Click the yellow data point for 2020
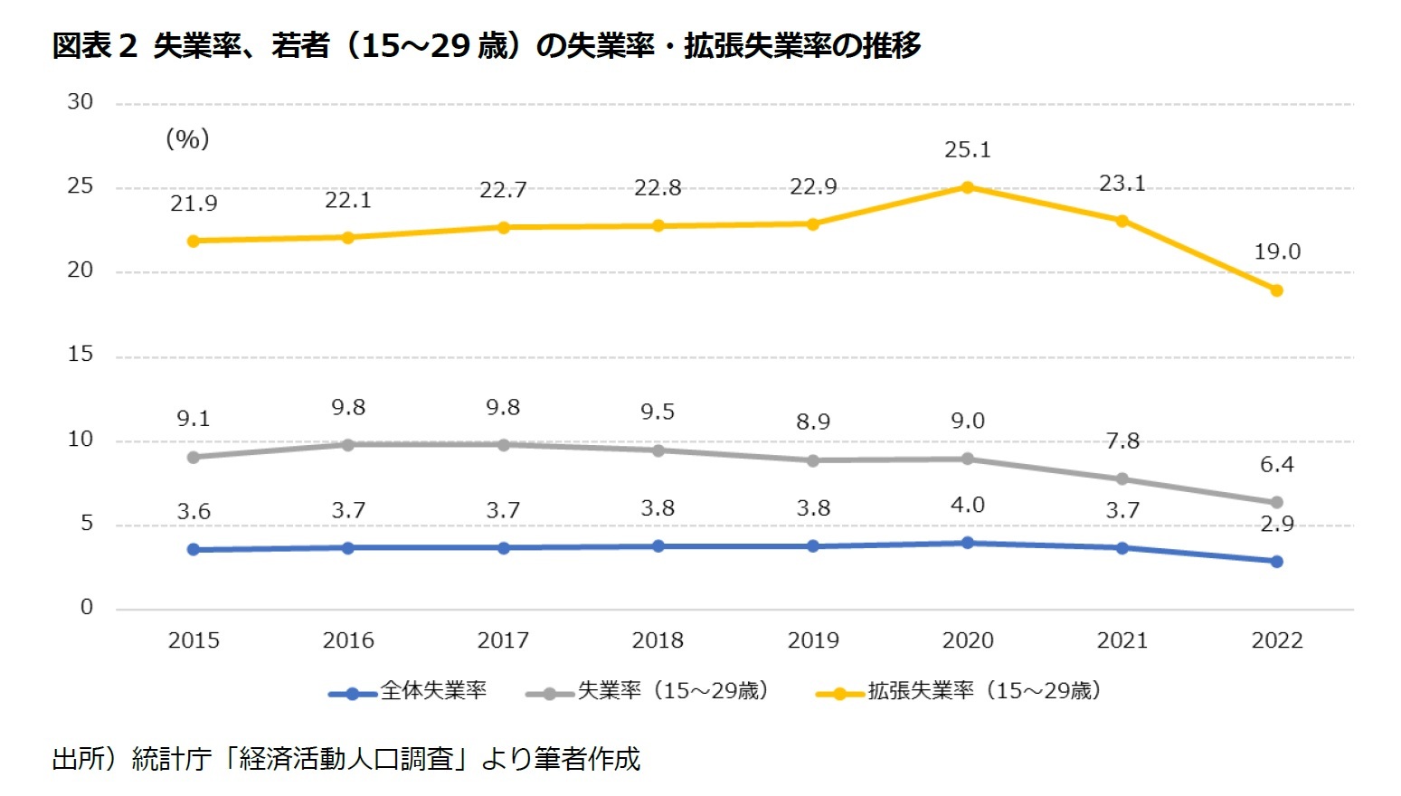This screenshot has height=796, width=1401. pyautogui.click(x=967, y=187)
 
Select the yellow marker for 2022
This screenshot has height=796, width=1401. pyautogui.click(x=1276, y=290)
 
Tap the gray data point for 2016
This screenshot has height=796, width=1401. pyautogui.click(x=348, y=444)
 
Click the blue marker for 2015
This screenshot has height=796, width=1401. pyautogui.click(x=194, y=549)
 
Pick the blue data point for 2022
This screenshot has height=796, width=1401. pyautogui.click(x=1276, y=562)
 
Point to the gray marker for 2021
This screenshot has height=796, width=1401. pyautogui.click(x=1122, y=479)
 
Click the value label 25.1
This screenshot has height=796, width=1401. pyautogui.click(x=967, y=150)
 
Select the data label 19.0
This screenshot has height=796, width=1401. pyautogui.click(x=1276, y=252)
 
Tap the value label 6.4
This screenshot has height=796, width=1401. pyautogui.click(x=1276, y=465)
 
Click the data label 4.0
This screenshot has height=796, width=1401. pyautogui.click(x=967, y=506)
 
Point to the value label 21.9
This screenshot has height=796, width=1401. pyautogui.click(x=194, y=204)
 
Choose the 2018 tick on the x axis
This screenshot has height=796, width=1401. pyautogui.click(x=658, y=640)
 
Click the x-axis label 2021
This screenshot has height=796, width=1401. pyautogui.click(x=1122, y=640)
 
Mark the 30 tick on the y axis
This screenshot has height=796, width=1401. pyautogui.click(x=80, y=102)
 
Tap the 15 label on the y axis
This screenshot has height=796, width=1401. pyautogui.click(x=80, y=355)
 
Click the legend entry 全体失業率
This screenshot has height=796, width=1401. pyautogui.click(x=433, y=691)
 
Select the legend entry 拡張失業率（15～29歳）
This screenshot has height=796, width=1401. pyautogui.click(x=984, y=691)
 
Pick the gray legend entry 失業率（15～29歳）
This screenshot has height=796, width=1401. pyautogui.click(x=673, y=691)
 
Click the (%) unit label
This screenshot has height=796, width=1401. pyautogui.click(x=187, y=138)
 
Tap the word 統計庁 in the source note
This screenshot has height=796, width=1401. pyautogui.click(x=171, y=758)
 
